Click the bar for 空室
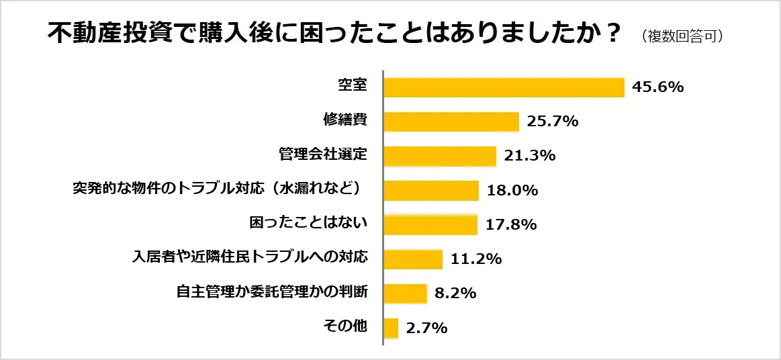504,87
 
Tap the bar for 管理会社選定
440,156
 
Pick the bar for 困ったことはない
430,224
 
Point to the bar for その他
391,328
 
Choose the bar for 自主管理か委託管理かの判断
406,294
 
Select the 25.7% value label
552,122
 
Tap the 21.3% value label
529,156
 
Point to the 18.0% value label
512,190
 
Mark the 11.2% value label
475,259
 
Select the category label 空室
352,86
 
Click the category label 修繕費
344,120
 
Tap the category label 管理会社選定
322,154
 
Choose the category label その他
345,326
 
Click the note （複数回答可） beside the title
682,36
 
